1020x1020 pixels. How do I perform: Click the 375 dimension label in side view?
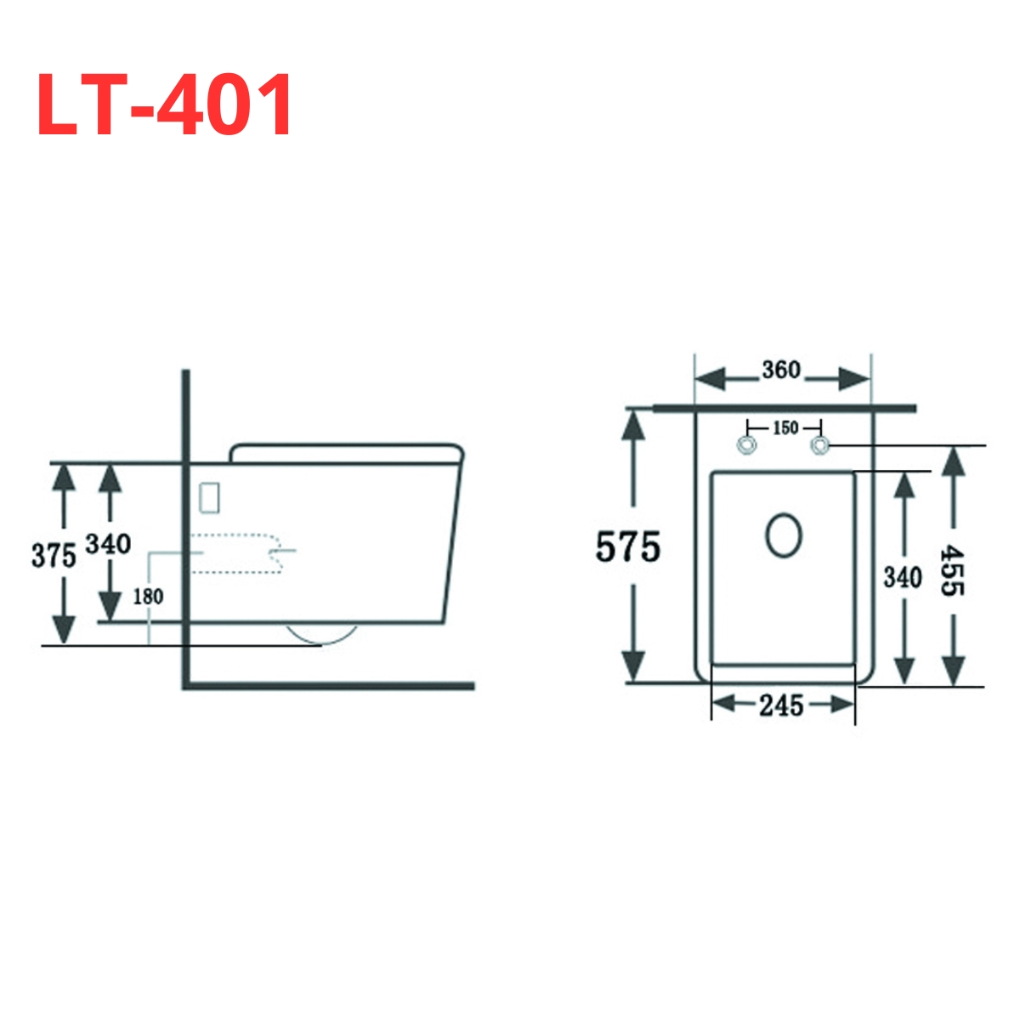point(54,555)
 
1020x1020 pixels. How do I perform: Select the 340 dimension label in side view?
point(108,543)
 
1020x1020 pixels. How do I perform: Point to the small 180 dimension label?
point(148,597)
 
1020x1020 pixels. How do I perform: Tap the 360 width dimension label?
point(780,371)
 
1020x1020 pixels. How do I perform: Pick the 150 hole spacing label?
point(785,428)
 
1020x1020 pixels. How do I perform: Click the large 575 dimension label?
point(627,547)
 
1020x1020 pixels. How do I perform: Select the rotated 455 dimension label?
point(952,569)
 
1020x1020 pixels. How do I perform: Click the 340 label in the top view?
point(902,577)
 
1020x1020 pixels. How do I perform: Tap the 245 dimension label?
point(781,705)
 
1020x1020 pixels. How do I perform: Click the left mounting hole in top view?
point(746,445)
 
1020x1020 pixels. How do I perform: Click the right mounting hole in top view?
point(820,445)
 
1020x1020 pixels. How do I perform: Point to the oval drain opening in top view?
point(783,535)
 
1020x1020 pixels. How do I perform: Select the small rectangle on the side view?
point(209,497)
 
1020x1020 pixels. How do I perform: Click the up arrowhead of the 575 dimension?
point(632,425)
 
